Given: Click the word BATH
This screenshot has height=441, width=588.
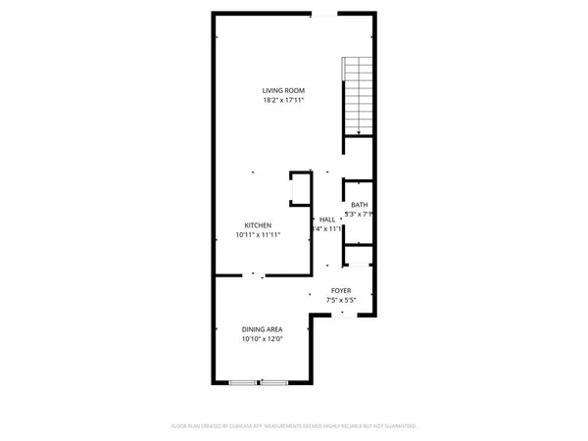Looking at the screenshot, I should pos(359,205).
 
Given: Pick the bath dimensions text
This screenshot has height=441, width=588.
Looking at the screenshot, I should pos(361,215).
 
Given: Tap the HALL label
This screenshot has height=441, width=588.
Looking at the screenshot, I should pos(327,220).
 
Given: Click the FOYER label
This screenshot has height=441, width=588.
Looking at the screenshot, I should pos(341,290).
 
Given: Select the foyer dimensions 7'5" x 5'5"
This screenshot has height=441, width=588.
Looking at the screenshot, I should pos(341,300).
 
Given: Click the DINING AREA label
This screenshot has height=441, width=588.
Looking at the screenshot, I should pos(263,329).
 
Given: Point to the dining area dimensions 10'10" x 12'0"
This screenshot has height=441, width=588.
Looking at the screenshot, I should pos(263,339).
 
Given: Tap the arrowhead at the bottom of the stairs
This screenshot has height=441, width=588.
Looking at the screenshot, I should pos(359,132).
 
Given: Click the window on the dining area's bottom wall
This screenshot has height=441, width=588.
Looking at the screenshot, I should pos(258,382).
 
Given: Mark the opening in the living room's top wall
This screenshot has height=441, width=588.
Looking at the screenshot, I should pos(320,14).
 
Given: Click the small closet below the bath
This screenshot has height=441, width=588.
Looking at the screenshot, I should pos(359,256).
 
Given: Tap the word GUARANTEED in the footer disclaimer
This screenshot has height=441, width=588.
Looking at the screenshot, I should pos(398,427).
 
